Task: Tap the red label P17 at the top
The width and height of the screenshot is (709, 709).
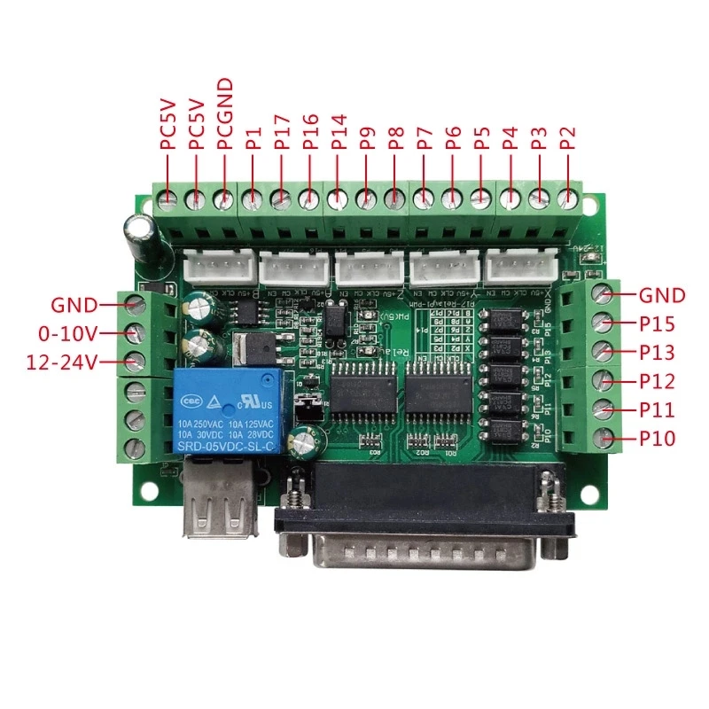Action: (x=282, y=130)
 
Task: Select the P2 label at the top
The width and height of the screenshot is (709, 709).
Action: (x=568, y=137)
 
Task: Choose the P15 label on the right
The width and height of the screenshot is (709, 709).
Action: (x=657, y=324)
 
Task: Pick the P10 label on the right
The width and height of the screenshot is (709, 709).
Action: (x=657, y=439)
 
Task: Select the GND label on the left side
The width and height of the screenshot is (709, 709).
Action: (x=74, y=305)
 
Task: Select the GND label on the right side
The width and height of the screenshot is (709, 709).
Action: (x=662, y=295)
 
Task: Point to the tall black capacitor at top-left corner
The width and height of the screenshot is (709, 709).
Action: (x=142, y=231)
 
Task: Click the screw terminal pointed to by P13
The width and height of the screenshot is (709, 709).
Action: (x=603, y=352)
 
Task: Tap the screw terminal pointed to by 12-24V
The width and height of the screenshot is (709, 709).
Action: (x=136, y=362)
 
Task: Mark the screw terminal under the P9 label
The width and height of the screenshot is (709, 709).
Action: (x=365, y=199)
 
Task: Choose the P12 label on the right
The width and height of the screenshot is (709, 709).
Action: (x=657, y=381)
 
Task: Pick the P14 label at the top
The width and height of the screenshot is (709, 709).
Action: (x=339, y=130)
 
